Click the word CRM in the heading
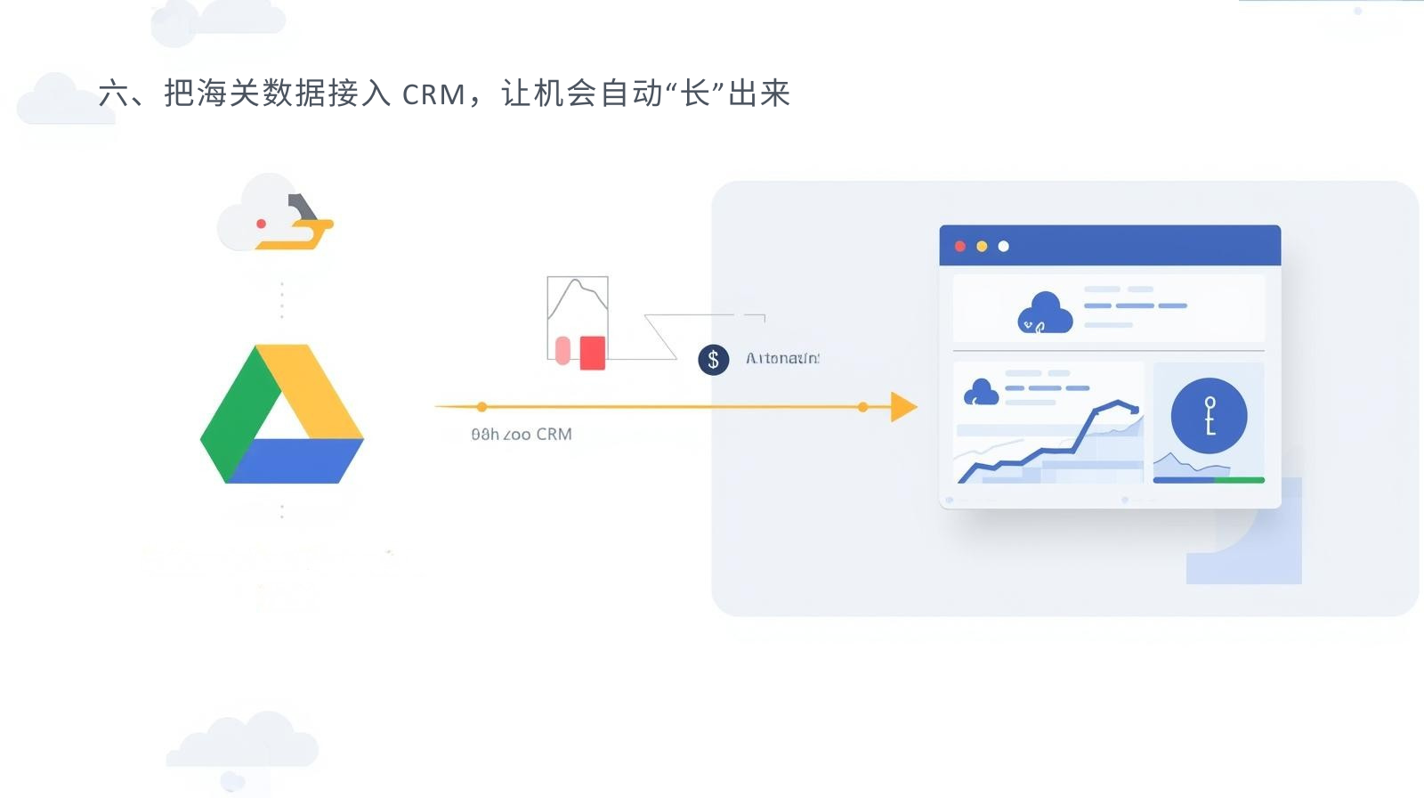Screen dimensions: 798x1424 [433, 94]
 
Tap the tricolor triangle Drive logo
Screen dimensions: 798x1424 [282, 414]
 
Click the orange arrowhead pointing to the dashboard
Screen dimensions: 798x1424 [902, 407]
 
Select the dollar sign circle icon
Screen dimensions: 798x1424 [713, 360]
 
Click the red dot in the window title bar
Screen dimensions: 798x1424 [960, 247]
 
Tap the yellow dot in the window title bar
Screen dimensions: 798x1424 [982, 247]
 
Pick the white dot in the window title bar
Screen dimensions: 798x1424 [1003, 247]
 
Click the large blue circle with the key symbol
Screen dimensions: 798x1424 [1209, 416]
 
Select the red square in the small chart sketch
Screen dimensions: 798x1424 [593, 353]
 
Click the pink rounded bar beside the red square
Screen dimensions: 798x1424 [562, 351]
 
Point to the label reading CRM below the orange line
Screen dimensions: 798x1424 [554, 435]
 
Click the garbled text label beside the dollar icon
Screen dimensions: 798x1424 [782, 358]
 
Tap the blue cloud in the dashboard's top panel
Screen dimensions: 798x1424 [1045, 313]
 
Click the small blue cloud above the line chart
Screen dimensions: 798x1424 [981, 392]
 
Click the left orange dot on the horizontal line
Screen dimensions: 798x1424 [481, 407]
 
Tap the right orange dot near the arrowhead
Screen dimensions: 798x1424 [862, 407]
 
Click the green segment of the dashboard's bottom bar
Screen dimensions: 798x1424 [1239, 480]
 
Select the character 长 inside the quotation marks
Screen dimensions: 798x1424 [695, 94]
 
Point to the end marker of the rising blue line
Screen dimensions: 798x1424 [1136, 410]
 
